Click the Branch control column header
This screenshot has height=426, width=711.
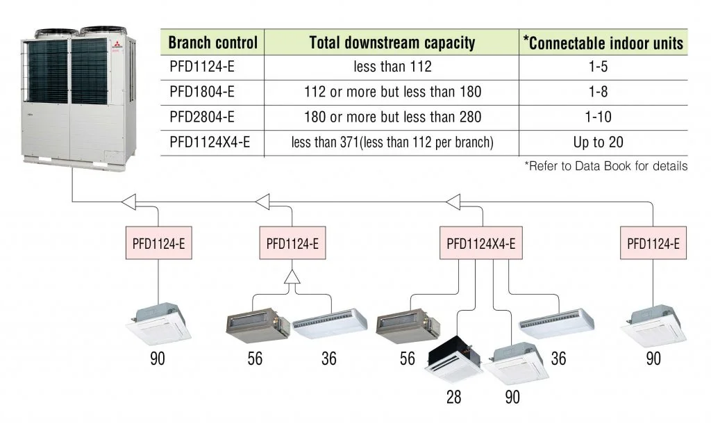point(212,43)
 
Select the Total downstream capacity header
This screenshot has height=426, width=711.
point(392,43)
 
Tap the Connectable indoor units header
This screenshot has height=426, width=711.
point(603,43)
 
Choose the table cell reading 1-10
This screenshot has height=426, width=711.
point(603,117)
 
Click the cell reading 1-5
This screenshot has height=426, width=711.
point(603,67)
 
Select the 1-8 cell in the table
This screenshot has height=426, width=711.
point(603,92)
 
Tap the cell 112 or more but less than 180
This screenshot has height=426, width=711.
point(392,92)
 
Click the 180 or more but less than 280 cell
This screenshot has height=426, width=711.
point(392,117)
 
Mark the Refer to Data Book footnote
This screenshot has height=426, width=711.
point(607,165)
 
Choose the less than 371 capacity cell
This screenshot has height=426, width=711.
point(392,142)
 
